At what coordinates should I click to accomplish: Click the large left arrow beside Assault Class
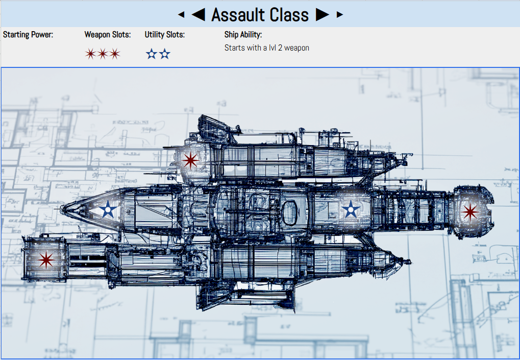coord(199,15)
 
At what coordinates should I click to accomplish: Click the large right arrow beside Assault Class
coord(323,15)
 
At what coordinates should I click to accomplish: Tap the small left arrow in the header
coord(181,15)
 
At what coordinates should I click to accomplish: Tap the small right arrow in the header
coord(339,15)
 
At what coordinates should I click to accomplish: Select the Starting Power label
coord(28,35)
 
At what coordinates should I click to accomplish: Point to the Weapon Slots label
coord(108,35)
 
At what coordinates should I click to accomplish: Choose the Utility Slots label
coord(164,35)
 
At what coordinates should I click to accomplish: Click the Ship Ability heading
coord(243,35)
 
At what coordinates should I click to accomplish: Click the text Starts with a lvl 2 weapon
coord(266,48)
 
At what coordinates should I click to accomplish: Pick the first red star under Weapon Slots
coord(90,54)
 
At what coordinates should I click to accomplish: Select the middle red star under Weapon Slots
coord(103,54)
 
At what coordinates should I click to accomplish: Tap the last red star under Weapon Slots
coord(115,54)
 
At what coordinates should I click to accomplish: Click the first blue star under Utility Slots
coord(152,54)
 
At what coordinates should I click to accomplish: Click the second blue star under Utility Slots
coord(164,54)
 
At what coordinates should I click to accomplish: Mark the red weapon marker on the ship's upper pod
coord(190,160)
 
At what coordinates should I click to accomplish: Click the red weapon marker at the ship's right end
coord(470,212)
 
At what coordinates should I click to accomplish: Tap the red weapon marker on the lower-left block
coord(46,259)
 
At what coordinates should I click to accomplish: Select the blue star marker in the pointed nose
coord(108,210)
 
